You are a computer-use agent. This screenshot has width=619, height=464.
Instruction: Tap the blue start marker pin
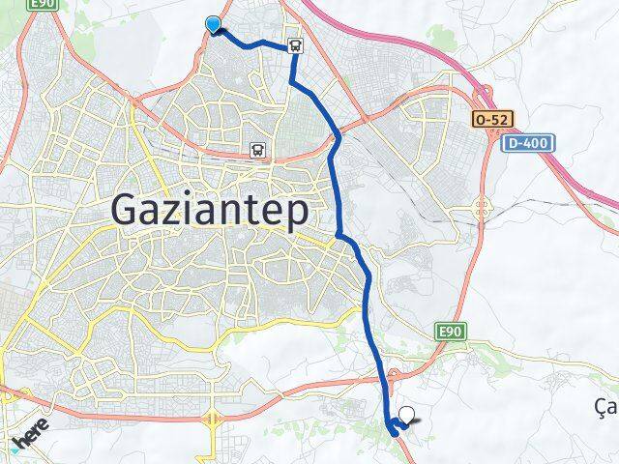213,25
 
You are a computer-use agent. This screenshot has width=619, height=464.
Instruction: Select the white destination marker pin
407,416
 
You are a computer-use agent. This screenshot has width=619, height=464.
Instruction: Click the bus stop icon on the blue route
293,44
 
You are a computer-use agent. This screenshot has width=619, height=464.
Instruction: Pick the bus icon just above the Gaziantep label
257,149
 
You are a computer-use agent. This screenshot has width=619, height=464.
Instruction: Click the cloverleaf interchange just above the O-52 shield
483,94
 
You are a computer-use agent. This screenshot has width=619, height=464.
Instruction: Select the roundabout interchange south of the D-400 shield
481,206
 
